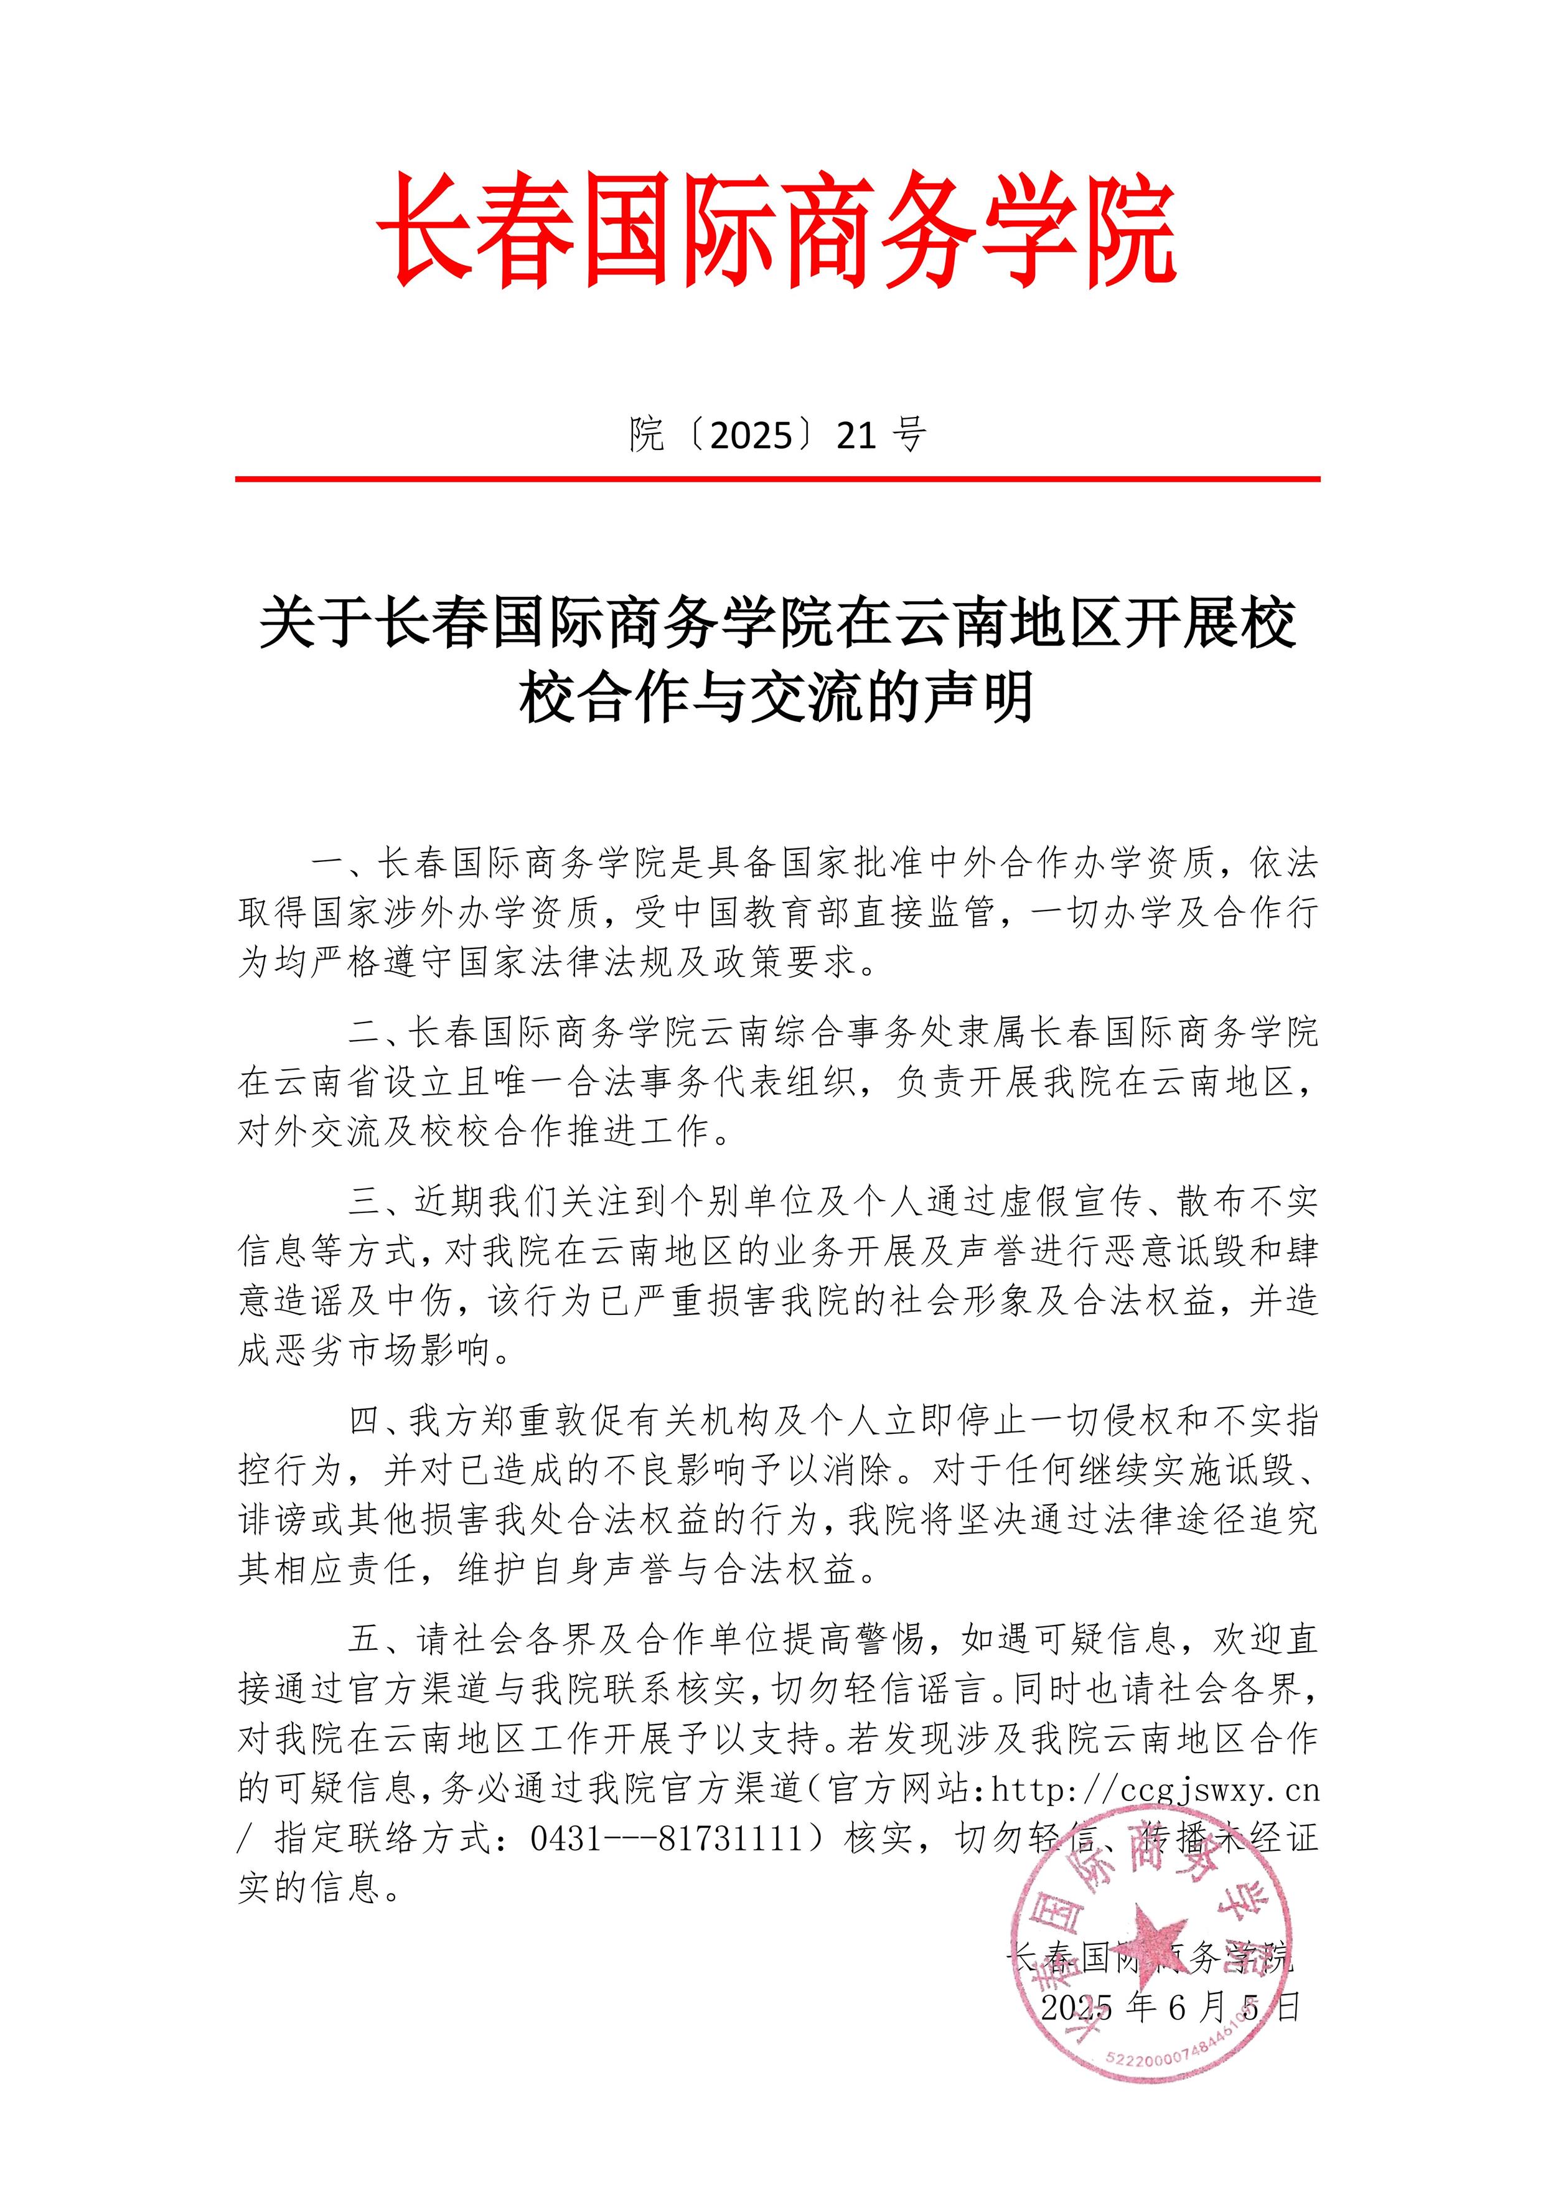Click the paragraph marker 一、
tap(338, 863)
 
